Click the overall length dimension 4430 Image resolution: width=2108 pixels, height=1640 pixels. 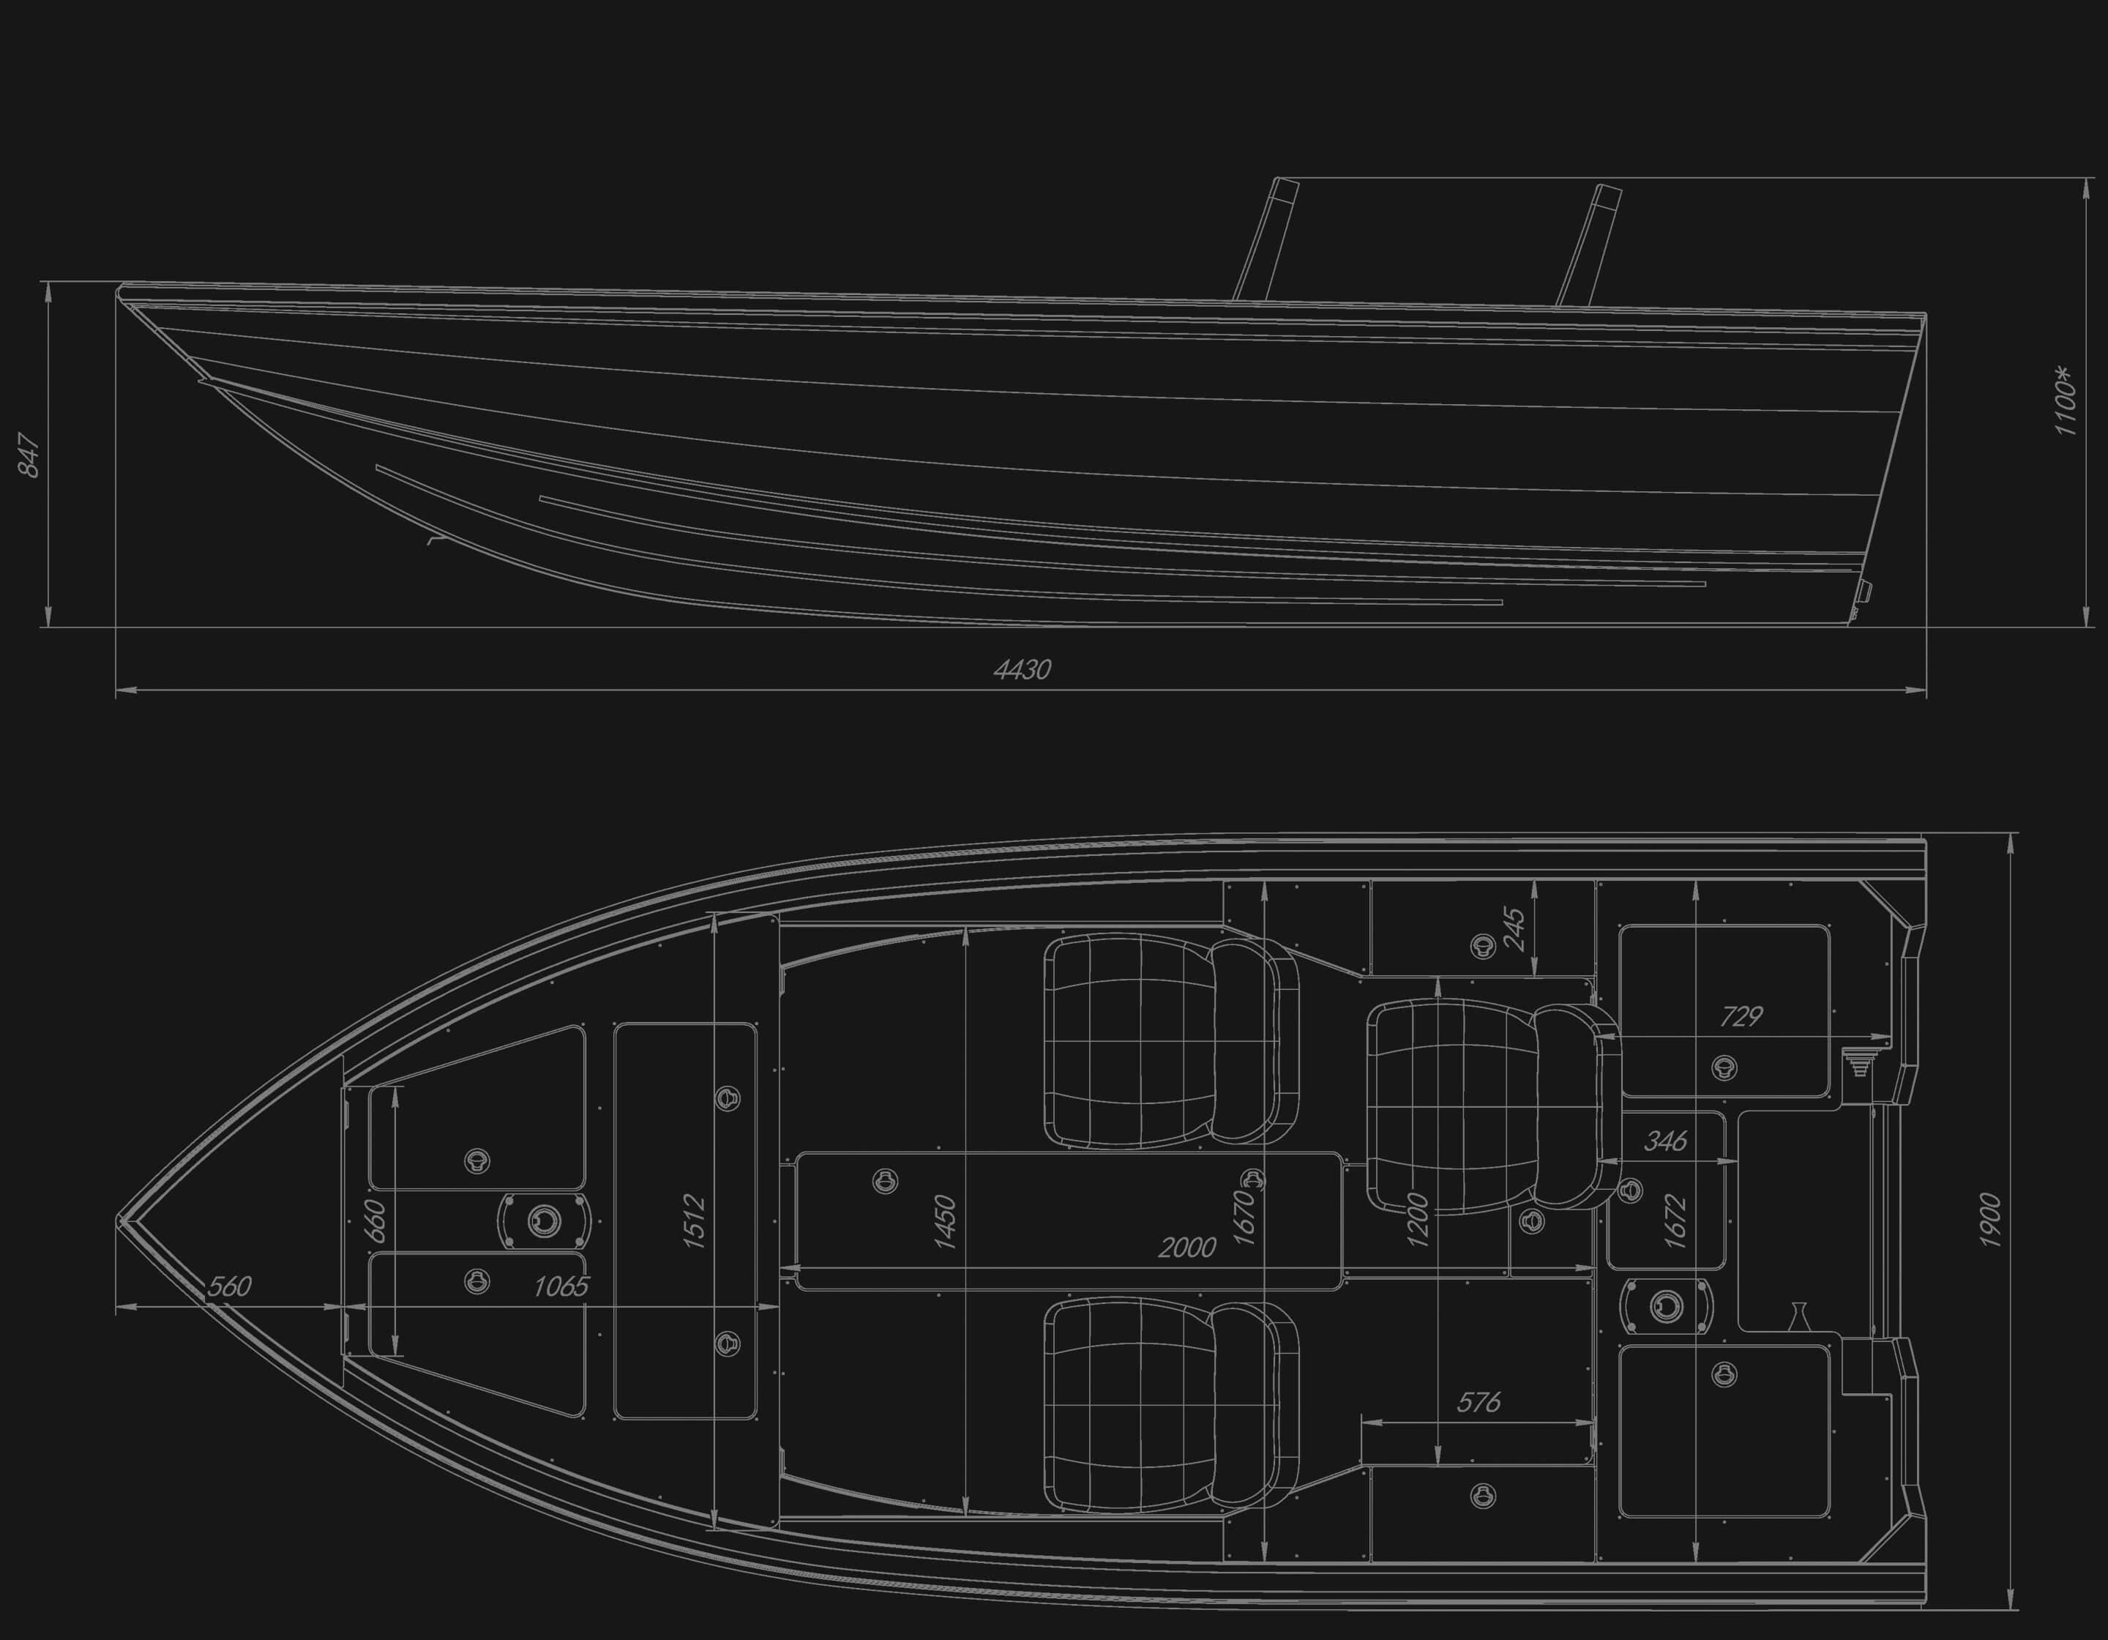[1022, 669]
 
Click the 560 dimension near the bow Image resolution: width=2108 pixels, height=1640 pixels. [230, 1286]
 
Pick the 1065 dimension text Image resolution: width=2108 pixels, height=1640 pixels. [561, 1286]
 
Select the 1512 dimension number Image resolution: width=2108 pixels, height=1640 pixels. [694, 1222]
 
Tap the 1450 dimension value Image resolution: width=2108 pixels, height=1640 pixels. [944, 1222]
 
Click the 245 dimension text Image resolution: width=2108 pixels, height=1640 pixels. [1514, 928]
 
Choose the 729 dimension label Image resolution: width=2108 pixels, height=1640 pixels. [1741, 1015]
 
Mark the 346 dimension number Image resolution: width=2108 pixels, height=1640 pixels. [1665, 1141]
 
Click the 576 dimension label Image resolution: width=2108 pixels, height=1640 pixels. [1478, 1401]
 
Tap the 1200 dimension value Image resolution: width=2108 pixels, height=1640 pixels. [1417, 1220]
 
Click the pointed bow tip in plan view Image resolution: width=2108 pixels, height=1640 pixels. [120, 1221]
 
